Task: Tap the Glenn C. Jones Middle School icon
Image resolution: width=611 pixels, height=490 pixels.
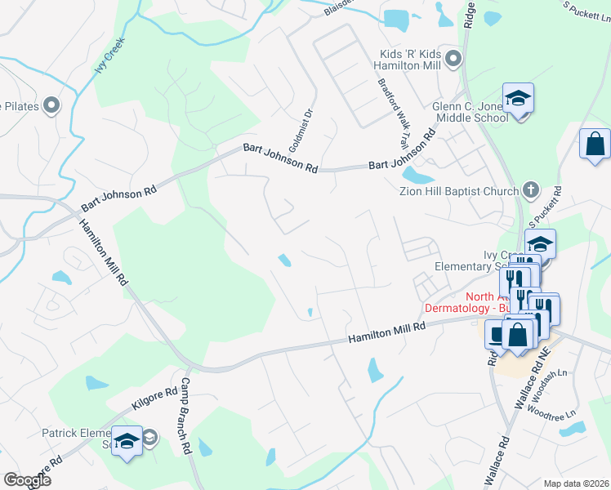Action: (x=518, y=100)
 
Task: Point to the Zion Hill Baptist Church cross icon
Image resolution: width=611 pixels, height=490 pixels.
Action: (x=529, y=190)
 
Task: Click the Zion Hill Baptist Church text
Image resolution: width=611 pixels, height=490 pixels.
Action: (x=458, y=191)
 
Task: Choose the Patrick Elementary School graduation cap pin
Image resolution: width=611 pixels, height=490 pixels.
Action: (x=127, y=442)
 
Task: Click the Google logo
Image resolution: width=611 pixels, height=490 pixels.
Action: (x=27, y=479)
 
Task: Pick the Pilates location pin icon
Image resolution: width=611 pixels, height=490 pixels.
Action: (x=51, y=105)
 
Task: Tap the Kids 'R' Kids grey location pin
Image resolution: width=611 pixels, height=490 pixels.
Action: (x=455, y=59)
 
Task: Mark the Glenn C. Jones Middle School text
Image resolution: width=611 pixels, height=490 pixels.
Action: (x=470, y=112)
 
